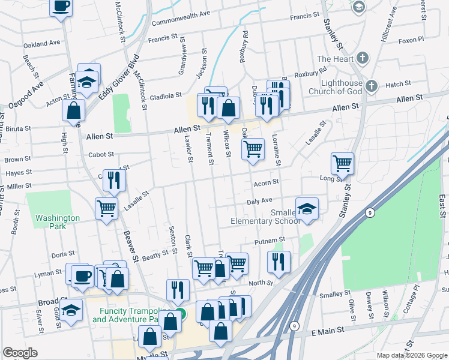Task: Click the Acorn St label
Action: [267, 182]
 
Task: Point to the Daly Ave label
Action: [259, 200]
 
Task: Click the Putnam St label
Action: [268, 241]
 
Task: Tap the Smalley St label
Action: [334, 294]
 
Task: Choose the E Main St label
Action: [328, 331]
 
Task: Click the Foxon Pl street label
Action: [411, 40]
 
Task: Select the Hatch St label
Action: [398, 84]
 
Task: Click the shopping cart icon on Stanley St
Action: [342, 162]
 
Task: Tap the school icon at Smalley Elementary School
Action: [307, 208]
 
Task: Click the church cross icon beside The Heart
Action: [362, 58]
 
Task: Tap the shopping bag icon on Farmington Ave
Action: [73, 110]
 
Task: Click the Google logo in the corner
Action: [20, 353]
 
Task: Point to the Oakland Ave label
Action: [42, 44]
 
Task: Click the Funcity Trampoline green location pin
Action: [181, 314]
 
